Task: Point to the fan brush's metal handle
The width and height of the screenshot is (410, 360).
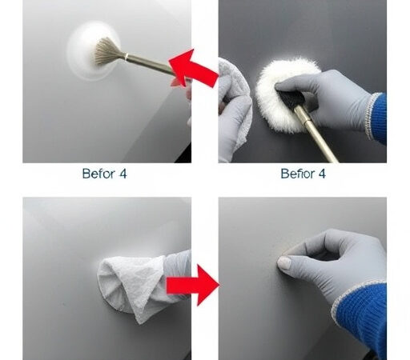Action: [x=149, y=64]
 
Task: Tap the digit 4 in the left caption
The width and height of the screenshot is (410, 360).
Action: [x=123, y=173]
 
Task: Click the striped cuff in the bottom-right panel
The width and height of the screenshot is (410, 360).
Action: [x=353, y=300]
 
